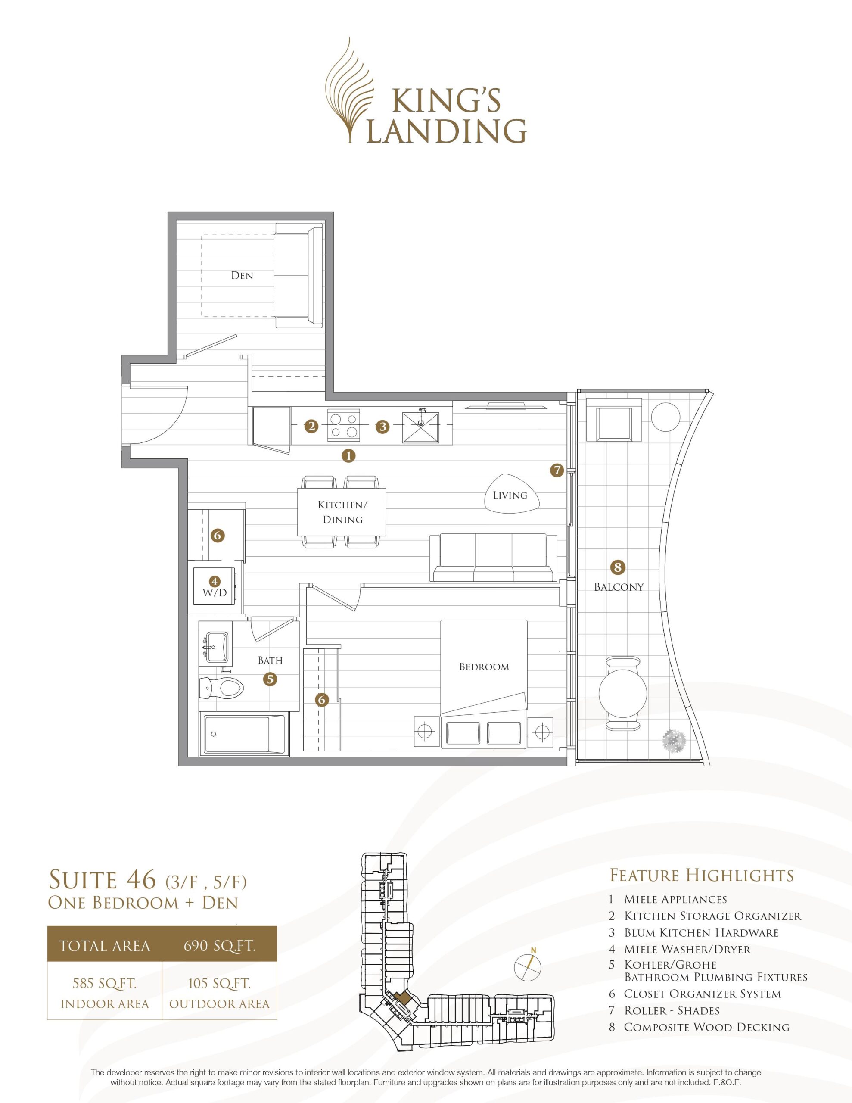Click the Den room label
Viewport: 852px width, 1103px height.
(x=242, y=275)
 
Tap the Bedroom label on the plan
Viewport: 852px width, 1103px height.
(x=484, y=667)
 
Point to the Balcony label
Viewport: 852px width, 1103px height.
(x=619, y=586)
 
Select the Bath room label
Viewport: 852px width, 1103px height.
(x=270, y=660)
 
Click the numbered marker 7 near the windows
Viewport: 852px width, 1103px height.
(x=557, y=470)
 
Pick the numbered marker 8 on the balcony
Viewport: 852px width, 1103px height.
(x=617, y=567)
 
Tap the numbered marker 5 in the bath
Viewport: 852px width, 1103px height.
(x=270, y=679)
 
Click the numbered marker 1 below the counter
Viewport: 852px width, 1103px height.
(x=348, y=455)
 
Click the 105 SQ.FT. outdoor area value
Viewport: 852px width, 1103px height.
(x=219, y=983)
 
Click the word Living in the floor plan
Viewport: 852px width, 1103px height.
(x=510, y=495)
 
